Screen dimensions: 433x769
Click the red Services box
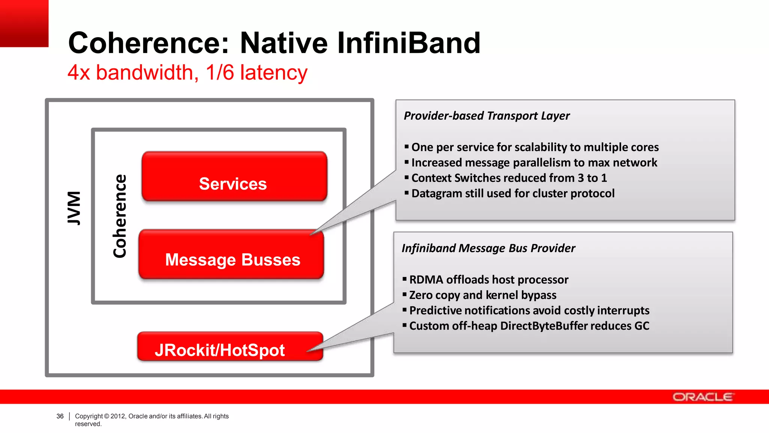click(234, 177)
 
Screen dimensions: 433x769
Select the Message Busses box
click(231, 255)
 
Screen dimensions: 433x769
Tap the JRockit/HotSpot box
click(230, 347)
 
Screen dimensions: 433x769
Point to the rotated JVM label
click(74, 208)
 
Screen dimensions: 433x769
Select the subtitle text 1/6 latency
click(256, 72)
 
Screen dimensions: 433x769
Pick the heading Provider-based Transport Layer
click(486, 116)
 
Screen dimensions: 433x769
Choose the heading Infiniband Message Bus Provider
click(488, 248)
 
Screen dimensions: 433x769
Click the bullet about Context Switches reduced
click(509, 178)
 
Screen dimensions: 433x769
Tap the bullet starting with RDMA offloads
click(489, 280)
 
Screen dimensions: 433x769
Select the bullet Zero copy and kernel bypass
click(483, 295)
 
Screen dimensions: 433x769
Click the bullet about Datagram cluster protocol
click(513, 193)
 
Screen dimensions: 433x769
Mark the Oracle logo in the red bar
click(702, 397)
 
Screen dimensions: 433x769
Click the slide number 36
click(60, 416)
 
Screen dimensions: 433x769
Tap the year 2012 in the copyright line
click(118, 416)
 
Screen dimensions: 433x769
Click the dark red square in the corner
click(24, 23)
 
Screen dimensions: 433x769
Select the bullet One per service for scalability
click(535, 147)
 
